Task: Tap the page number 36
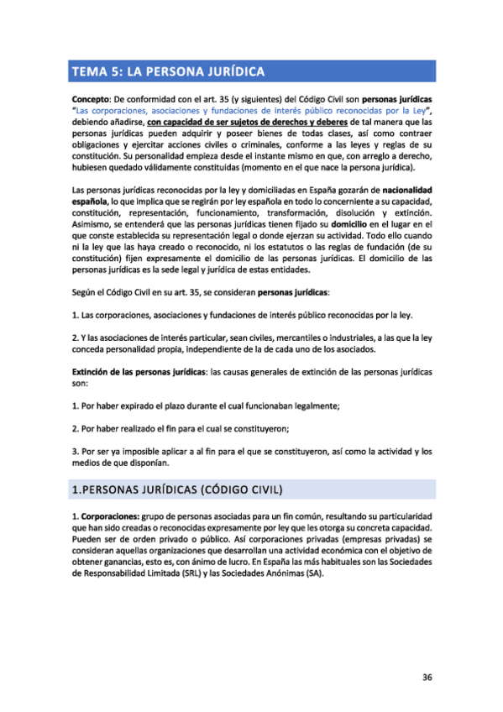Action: click(x=427, y=678)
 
